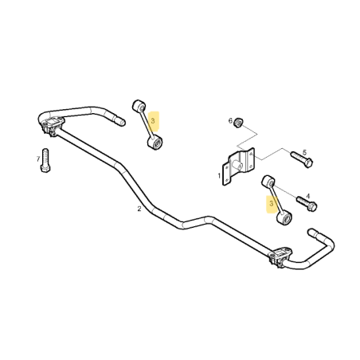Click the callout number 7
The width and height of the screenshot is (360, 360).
click(x=38, y=159)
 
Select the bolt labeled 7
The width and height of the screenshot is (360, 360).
click(x=45, y=160)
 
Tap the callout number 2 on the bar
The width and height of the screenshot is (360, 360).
click(x=139, y=209)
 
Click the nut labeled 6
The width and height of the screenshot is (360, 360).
click(x=238, y=122)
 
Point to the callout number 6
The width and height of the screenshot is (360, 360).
click(x=230, y=121)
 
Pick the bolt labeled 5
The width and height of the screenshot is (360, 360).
click(x=302, y=158)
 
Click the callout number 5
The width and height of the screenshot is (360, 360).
click(x=304, y=152)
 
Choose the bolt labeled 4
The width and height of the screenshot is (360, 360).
click(x=307, y=204)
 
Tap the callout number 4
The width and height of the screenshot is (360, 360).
click(x=307, y=196)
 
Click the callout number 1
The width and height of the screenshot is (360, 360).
click(x=219, y=175)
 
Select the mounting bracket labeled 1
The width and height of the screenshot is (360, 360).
click(x=238, y=166)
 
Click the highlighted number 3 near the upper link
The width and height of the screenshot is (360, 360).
click(x=153, y=121)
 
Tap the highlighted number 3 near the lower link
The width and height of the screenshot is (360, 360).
click(x=271, y=204)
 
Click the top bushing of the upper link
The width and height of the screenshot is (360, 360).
click(x=139, y=106)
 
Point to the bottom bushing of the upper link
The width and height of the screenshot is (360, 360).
click(x=155, y=142)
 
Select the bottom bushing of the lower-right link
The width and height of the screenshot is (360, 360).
click(x=284, y=217)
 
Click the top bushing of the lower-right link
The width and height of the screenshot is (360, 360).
click(x=268, y=182)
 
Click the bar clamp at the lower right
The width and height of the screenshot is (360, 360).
click(x=280, y=256)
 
